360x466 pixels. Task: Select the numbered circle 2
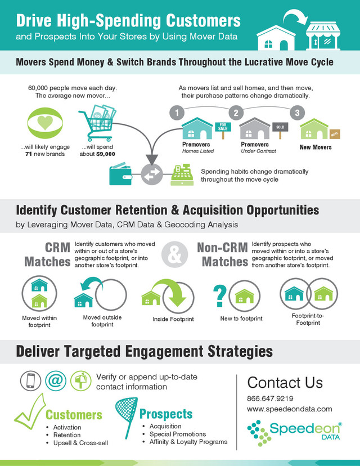[x=236, y=113]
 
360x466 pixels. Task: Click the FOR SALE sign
[x=223, y=127]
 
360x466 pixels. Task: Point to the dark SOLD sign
[x=279, y=127]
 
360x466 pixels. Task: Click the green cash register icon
[x=183, y=175]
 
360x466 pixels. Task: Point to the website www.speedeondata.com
[x=290, y=409]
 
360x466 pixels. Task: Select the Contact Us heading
[x=285, y=383]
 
